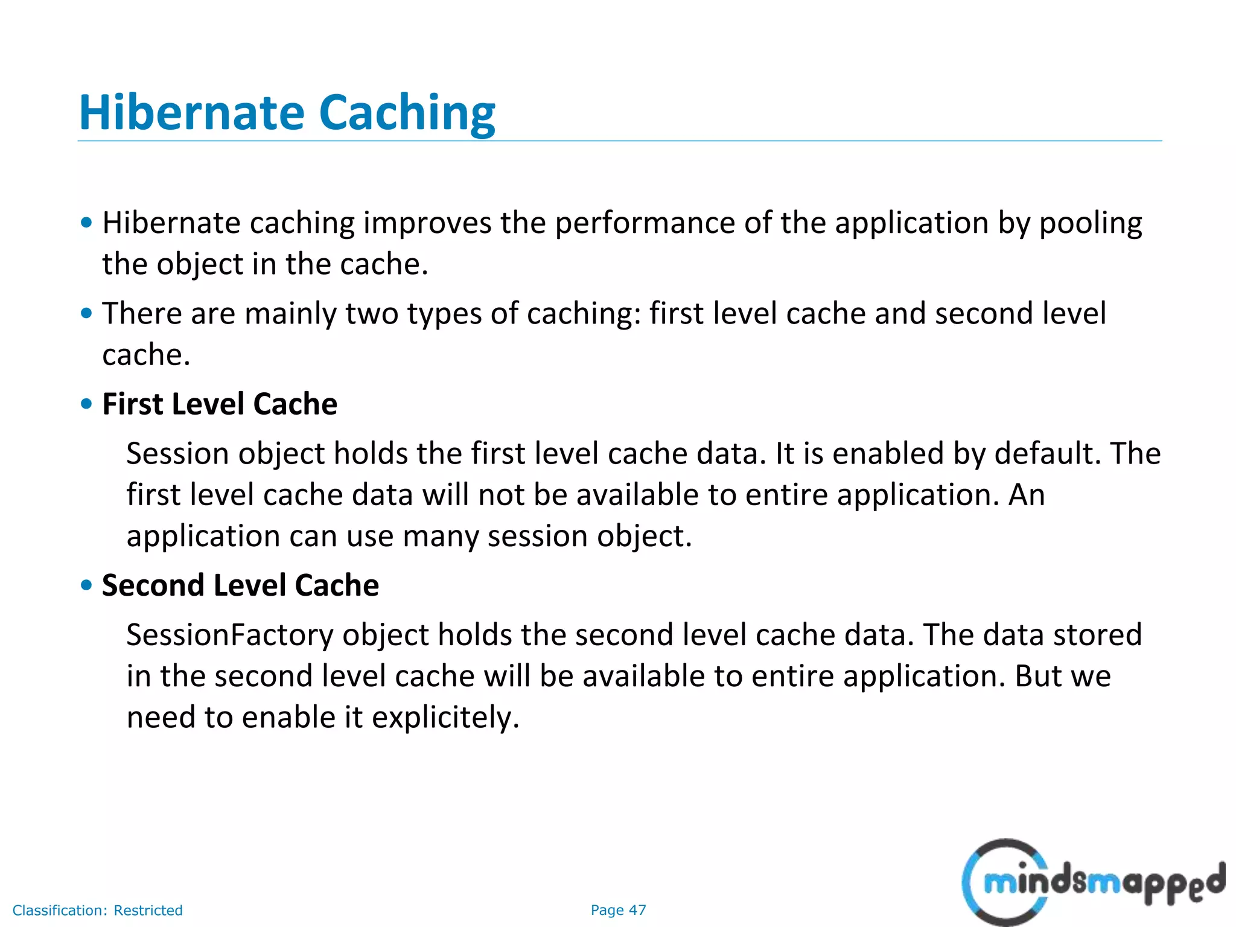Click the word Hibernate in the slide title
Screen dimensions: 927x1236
pyautogui.click(x=192, y=113)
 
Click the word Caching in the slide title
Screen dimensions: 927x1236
pyautogui.click(x=407, y=114)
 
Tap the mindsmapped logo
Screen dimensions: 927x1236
pyautogui.click(x=1092, y=882)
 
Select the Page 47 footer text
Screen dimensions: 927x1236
pyautogui.click(x=618, y=910)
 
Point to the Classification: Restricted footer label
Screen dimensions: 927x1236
pyautogui.click(x=97, y=910)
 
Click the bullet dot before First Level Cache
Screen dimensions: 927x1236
pyautogui.click(x=87, y=404)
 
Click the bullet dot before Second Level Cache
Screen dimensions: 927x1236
pyautogui.click(x=87, y=585)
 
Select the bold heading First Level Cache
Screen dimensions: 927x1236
pyautogui.click(x=220, y=404)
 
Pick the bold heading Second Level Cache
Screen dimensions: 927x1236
pyautogui.click(x=240, y=585)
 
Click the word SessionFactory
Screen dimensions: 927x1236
pyautogui.click(x=229, y=635)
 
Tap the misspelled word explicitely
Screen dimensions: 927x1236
pyautogui.click(x=445, y=718)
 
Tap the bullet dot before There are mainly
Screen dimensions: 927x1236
pyautogui.click(x=87, y=313)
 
